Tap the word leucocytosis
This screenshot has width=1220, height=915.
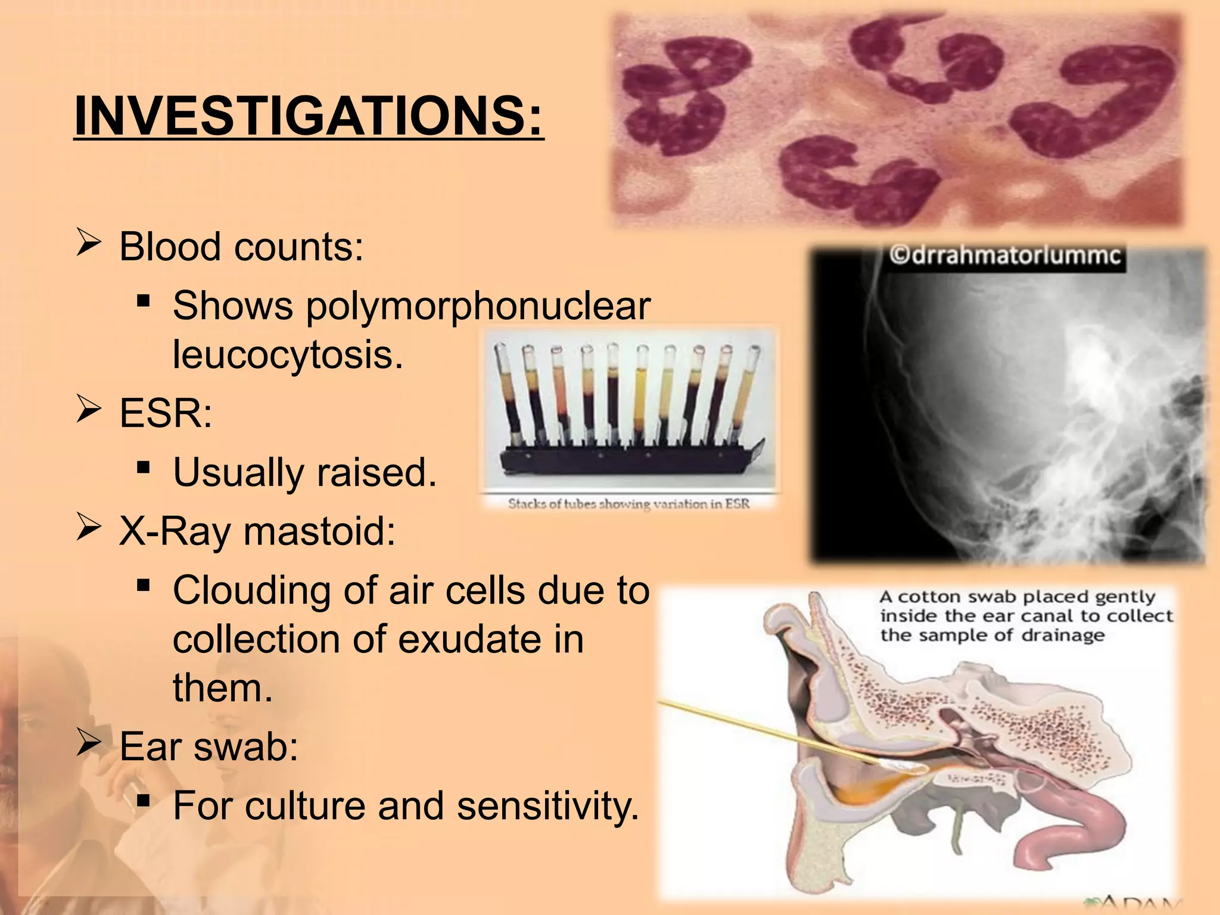tap(287, 355)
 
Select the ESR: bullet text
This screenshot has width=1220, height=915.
tap(165, 413)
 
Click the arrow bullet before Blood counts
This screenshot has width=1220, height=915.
tap(88, 244)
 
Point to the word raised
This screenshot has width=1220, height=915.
tap(376, 473)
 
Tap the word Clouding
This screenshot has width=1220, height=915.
tap(251, 591)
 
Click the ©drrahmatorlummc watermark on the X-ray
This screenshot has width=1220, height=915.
tap(1005, 256)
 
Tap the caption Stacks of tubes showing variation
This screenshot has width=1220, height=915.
tap(628, 504)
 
